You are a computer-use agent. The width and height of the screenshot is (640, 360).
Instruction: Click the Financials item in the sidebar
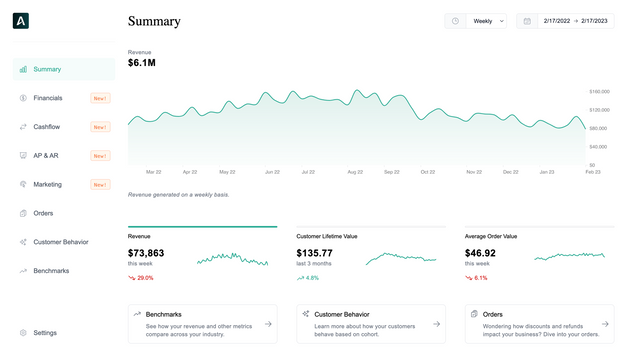pyautogui.click(x=47, y=98)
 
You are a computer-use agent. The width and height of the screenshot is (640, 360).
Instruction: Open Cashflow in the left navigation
pyautogui.click(x=46, y=127)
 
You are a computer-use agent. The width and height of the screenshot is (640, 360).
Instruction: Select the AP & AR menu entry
pyautogui.click(x=46, y=156)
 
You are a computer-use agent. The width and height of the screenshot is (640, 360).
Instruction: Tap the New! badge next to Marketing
pyautogui.click(x=100, y=185)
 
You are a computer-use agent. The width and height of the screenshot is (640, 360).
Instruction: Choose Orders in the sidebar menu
pyautogui.click(x=44, y=213)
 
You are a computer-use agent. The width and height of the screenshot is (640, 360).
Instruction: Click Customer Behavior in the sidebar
pyautogui.click(x=60, y=242)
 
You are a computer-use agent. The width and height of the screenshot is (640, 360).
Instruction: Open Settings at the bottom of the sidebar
pyautogui.click(x=45, y=333)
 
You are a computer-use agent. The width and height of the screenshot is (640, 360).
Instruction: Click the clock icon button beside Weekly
pyautogui.click(x=455, y=21)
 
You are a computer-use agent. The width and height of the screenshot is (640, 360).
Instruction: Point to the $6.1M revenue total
pyautogui.click(x=142, y=63)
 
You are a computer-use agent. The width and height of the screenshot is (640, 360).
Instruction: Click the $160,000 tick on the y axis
pyautogui.click(x=600, y=91)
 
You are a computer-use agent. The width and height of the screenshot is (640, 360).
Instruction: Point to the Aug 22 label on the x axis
pyautogui.click(x=355, y=172)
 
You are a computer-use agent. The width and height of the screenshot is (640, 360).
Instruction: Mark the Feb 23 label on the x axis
pyautogui.click(x=592, y=172)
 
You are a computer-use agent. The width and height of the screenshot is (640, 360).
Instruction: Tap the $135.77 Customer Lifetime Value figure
pyautogui.click(x=315, y=253)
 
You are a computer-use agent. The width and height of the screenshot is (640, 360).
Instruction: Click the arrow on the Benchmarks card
pyautogui.click(x=268, y=324)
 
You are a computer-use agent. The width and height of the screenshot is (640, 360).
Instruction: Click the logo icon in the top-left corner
pyautogui.click(x=22, y=20)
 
